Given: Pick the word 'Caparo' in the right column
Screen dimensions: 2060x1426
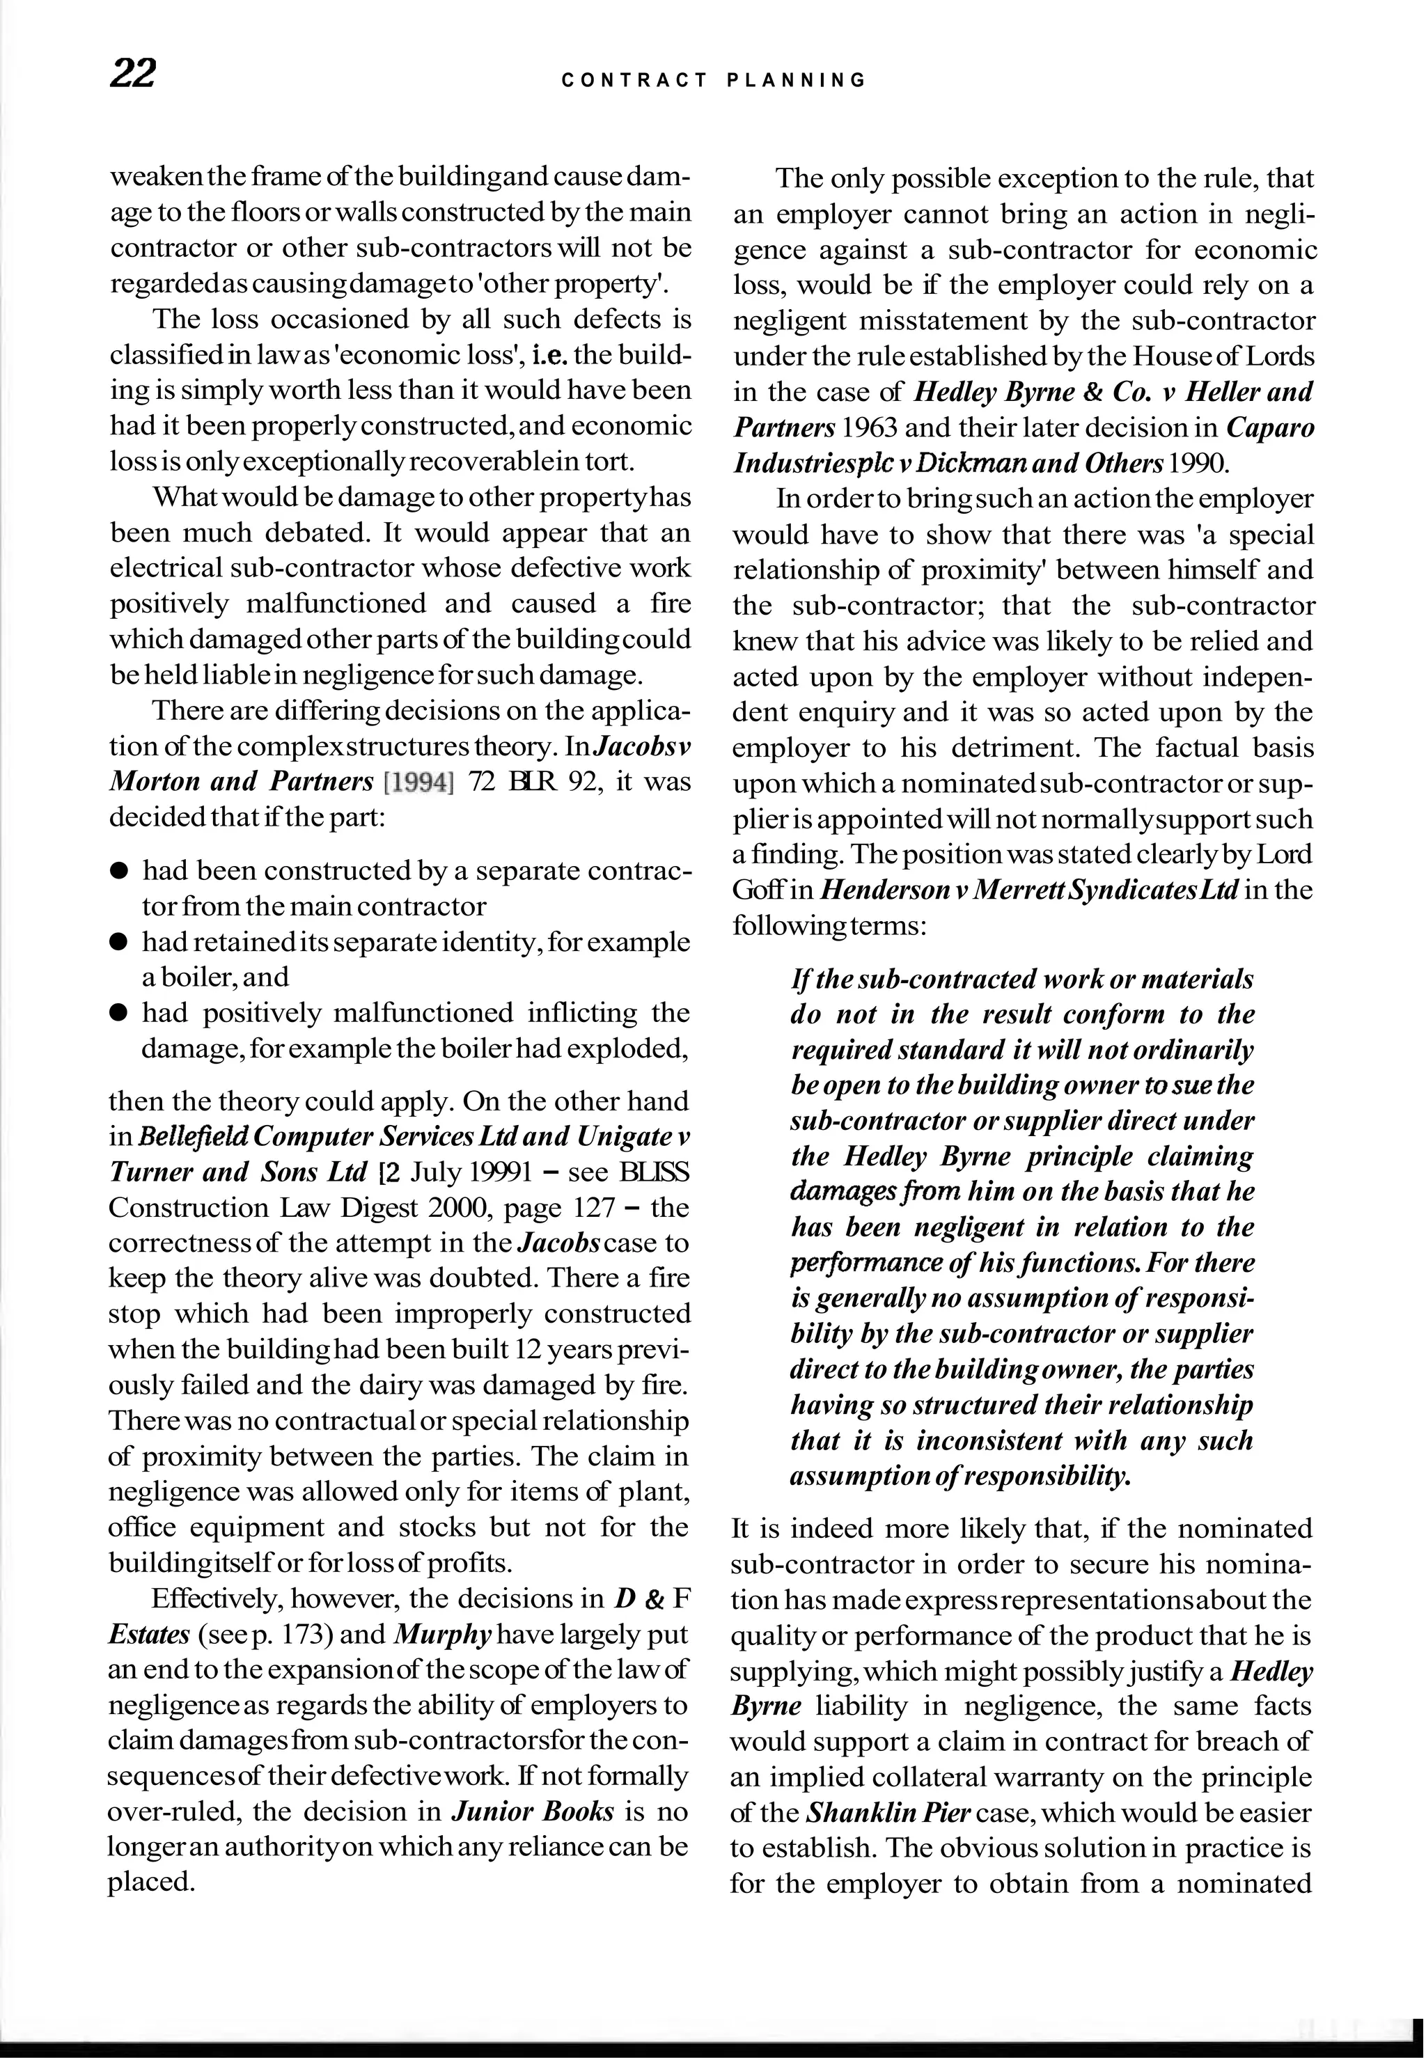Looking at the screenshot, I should point(1269,428).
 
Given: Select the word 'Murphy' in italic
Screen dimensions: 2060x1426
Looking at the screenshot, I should point(441,1635).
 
